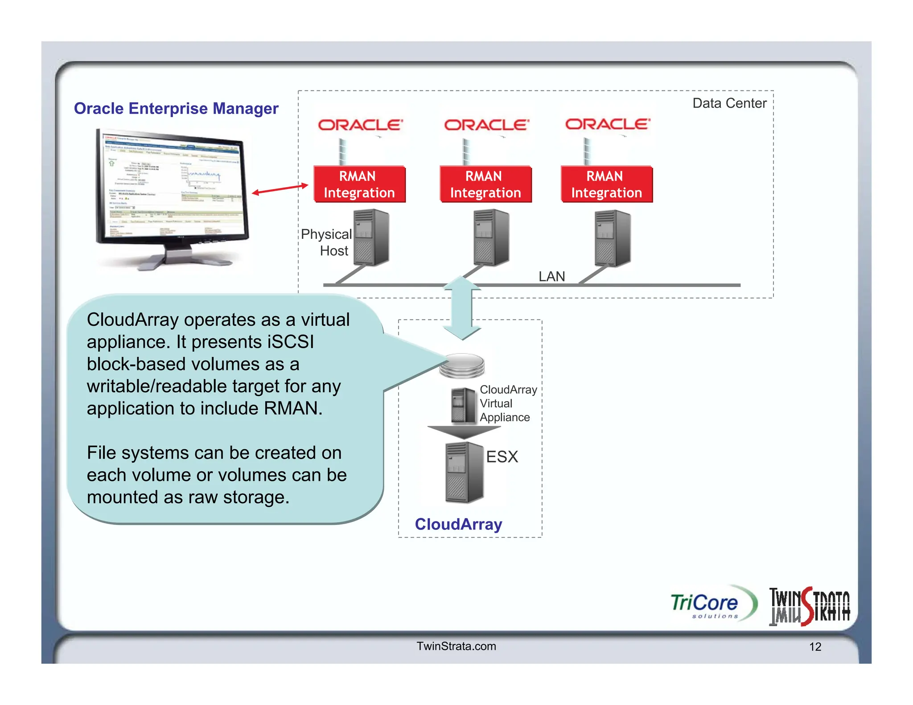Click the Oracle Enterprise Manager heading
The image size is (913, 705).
[x=176, y=109]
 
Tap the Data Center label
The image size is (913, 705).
[x=729, y=103]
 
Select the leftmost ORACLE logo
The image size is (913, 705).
[x=360, y=125]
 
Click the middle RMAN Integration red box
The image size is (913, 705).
[x=485, y=184]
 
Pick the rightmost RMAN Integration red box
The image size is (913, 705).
[x=606, y=184]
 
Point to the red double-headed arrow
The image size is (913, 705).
[x=280, y=189]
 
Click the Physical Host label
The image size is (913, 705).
[x=327, y=242]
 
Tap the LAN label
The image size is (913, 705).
[x=551, y=277]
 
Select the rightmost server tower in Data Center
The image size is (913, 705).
[x=613, y=238]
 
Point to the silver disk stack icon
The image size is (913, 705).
[x=462, y=365]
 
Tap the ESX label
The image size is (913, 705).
[x=502, y=457]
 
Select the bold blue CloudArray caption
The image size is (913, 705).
[x=458, y=525]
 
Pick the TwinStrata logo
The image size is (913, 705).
[x=809, y=606]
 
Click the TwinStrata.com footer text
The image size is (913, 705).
[x=456, y=646]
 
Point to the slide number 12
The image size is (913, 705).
[x=815, y=647]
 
